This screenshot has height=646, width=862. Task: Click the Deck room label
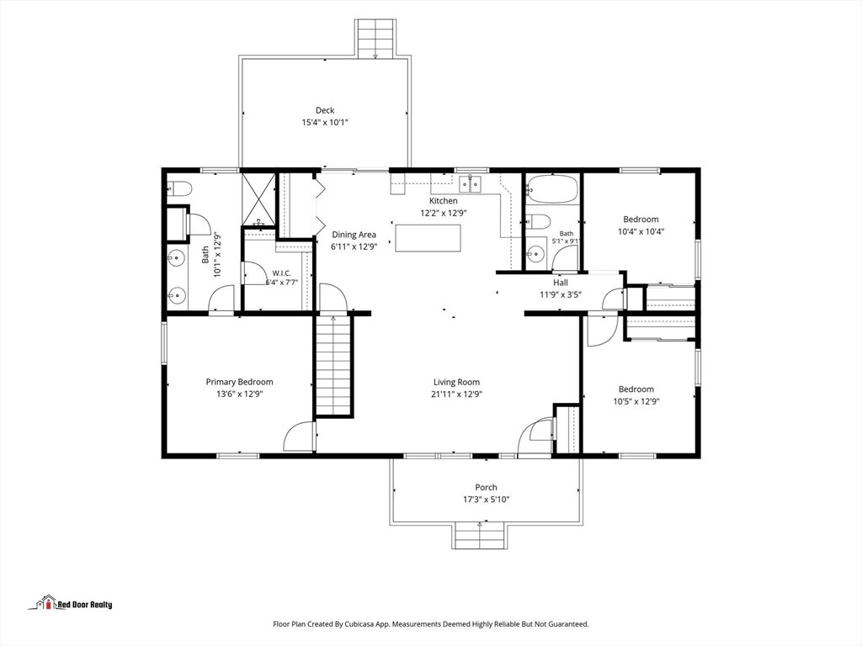325,110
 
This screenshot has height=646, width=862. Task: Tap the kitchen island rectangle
428,238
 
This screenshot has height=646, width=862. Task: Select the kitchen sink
470,183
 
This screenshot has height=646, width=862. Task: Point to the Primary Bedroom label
239,383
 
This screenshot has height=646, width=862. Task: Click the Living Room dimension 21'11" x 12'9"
456,394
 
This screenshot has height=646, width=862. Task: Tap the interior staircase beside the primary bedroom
333,365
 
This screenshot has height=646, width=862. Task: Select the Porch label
486,487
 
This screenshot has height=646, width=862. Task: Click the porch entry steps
479,535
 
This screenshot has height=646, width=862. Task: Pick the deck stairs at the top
375,38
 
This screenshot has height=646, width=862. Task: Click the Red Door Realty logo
71,603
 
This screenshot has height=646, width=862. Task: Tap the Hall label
561,283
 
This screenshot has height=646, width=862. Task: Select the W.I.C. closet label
282,273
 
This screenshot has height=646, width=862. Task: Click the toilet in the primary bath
178,189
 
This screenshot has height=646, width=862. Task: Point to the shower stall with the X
258,199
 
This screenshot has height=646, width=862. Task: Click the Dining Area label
354,235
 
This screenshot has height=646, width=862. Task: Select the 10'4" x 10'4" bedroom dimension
641,231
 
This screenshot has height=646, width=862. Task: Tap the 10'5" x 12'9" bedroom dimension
636,401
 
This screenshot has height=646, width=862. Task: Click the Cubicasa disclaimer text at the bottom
431,624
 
